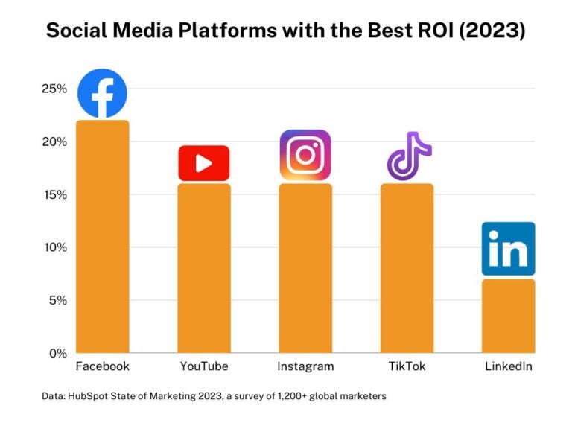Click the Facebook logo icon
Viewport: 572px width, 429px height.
tap(103, 94)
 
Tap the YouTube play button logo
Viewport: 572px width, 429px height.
tap(203, 163)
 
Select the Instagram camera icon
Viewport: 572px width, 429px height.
tap(305, 155)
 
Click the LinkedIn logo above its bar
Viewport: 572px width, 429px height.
tap(508, 249)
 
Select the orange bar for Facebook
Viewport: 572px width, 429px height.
tap(103, 237)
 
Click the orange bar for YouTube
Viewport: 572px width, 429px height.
tap(203, 268)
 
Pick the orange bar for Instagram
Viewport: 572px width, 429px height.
tap(305, 268)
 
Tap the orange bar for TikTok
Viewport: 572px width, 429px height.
tap(407, 268)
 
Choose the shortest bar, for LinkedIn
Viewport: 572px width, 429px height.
tap(508, 316)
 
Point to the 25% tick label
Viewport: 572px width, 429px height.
tap(54, 89)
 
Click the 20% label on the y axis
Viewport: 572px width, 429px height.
tap(54, 142)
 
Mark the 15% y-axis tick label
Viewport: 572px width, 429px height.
tap(54, 194)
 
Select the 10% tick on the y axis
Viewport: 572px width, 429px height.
tap(54, 247)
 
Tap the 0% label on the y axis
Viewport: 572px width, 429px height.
tap(58, 353)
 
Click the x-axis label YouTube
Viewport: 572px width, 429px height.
tap(203, 366)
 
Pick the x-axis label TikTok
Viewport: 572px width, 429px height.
tap(407, 366)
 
